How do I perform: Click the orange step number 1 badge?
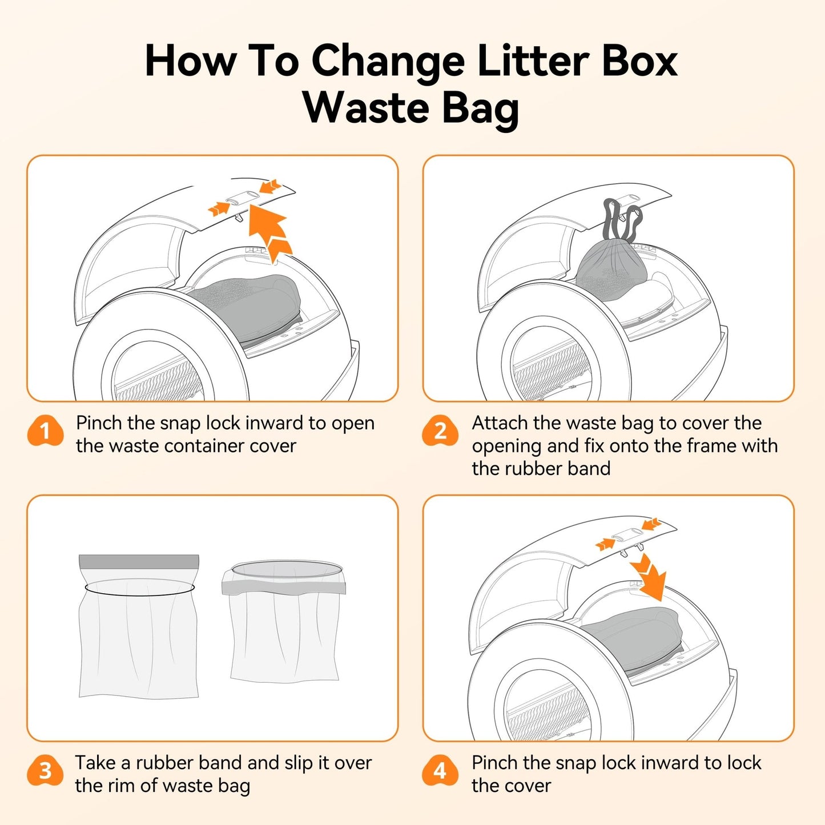[x=45, y=431]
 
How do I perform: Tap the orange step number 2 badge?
[x=440, y=431]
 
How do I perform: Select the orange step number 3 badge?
[x=45, y=771]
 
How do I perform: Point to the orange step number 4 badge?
[x=440, y=771]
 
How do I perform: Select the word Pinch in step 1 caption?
[x=99, y=423]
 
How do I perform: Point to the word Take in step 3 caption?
[x=95, y=763]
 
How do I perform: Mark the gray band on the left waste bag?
[x=139, y=561]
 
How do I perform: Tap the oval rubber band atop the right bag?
[x=287, y=569]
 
